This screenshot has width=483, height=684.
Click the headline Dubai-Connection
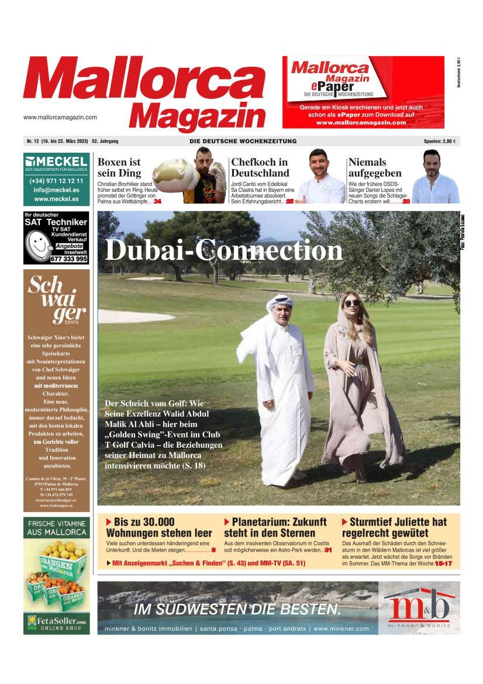(223, 250)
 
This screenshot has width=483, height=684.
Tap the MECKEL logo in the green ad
(57, 161)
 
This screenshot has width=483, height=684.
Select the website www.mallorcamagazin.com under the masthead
(60, 117)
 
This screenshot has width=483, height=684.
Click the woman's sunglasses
(351, 303)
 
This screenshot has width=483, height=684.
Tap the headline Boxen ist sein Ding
(119, 167)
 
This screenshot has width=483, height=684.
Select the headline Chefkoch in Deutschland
(260, 167)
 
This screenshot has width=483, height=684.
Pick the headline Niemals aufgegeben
(375, 167)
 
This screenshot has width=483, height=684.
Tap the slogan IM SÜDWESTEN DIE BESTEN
(237, 609)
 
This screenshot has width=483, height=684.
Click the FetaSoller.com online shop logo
(57, 622)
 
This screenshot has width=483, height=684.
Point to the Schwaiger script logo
(57, 298)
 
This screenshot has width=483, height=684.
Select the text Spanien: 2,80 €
(440, 142)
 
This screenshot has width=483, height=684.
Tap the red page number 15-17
(443, 563)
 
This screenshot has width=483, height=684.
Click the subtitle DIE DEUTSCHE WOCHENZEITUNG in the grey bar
(243, 142)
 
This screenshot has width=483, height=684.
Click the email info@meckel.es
(57, 190)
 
